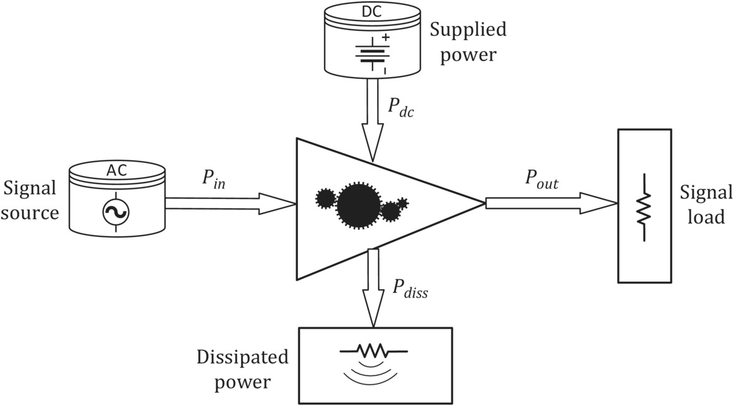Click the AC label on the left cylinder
(x=117, y=170)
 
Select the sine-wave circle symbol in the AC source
(x=116, y=213)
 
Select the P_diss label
(x=410, y=288)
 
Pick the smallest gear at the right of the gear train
(x=402, y=203)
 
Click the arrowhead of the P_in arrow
(x=278, y=203)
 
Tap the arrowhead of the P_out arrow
(x=599, y=203)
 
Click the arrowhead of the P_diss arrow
(x=372, y=313)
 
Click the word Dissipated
(x=243, y=358)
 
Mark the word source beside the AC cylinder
(x=30, y=213)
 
